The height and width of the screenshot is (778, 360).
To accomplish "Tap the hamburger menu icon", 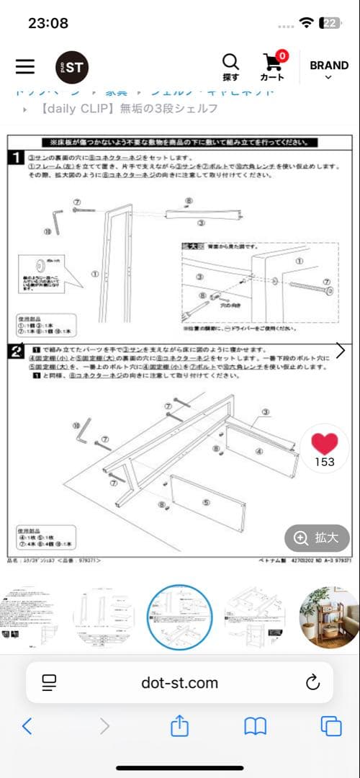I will tap(25, 66).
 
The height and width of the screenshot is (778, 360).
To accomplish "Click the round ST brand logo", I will tap(73, 67).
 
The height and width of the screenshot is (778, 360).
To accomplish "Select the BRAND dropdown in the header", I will tap(329, 69).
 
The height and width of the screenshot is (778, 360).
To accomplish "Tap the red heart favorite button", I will tap(325, 443).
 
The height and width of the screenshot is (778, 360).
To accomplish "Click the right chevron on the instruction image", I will tap(341, 351).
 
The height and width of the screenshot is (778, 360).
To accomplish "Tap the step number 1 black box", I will tap(15, 157).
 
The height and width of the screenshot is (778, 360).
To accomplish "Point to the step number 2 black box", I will tap(15, 352).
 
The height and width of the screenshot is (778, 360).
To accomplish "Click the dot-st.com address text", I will tap(179, 683).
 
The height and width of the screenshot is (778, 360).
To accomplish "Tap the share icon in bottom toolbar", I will tap(179, 726).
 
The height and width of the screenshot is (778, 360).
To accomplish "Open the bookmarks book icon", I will tap(255, 726).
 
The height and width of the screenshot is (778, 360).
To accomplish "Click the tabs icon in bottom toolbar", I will tap(330, 726).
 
